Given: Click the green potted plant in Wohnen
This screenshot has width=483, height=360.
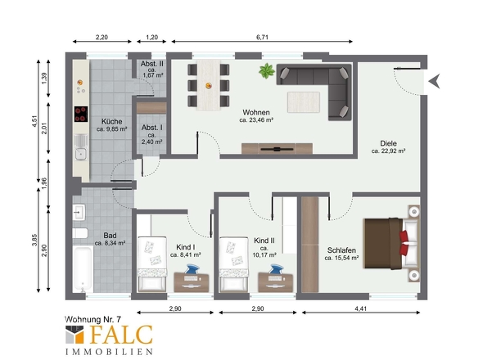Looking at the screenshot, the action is pyautogui.click(x=267, y=71).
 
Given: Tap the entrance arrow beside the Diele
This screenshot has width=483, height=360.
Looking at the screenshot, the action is pyautogui.click(x=434, y=81).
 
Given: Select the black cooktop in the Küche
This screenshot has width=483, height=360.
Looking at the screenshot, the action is pyautogui.click(x=81, y=115).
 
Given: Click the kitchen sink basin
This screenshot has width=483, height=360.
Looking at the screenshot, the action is pyautogui.click(x=81, y=153).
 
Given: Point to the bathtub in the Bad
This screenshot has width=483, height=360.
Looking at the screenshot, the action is pyautogui.click(x=83, y=268).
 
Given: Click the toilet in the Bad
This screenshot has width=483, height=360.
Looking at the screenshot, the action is pyautogui.click(x=80, y=233).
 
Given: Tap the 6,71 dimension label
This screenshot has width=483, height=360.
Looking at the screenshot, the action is pyautogui.click(x=262, y=38).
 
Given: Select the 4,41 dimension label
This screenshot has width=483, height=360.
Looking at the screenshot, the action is pyautogui.click(x=361, y=308).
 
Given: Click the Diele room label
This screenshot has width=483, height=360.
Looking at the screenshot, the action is pyautogui.click(x=388, y=143).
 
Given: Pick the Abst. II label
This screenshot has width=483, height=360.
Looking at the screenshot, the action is pyautogui.click(x=152, y=64).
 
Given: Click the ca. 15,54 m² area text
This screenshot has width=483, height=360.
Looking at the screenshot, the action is pyautogui.click(x=341, y=258).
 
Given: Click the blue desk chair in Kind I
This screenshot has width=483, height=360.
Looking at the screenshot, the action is pyautogui.click(x=192, y=269).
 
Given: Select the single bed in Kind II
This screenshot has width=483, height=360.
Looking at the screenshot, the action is pyautogui.click(x=233, y=264).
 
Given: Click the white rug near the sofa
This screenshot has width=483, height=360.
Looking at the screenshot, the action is pyautogui.click(x=304, y=102).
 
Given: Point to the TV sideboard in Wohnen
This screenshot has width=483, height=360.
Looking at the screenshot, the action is pyautogui.click(x=277, y=148).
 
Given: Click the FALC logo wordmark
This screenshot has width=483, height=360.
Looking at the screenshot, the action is pyautogui.click(x=122, y=335).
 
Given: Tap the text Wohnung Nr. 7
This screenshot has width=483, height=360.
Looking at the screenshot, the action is pyautogui.click(x=93, y=319).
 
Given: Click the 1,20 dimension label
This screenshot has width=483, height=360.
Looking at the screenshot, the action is pyautogui.click(x=152, y=38).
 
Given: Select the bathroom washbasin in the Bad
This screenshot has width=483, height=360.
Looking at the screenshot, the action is pyautogui.click(x=79, y=212).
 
